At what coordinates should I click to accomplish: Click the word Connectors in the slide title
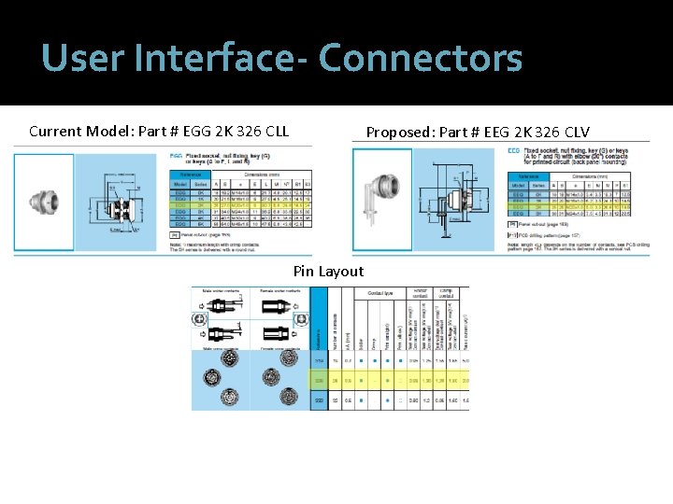pos(420,58)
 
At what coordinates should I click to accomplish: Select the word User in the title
pos(79,58)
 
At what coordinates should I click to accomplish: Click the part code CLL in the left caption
pos(272,131)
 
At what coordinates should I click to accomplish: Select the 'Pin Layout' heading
pos(328,272)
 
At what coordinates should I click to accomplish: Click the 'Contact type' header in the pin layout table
pos(378,293)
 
